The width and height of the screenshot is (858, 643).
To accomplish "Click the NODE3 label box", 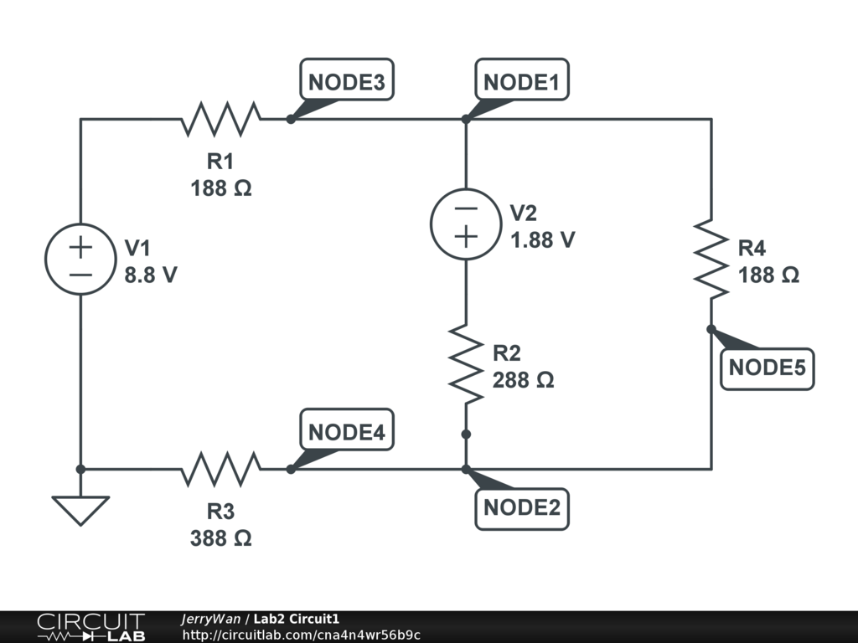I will click(x=346, y=83).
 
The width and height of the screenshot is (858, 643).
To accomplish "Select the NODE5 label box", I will click(x=767, y=368).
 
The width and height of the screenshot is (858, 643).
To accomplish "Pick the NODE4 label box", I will click(x=346, y=433).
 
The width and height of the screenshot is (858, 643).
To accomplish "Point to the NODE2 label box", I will click(x=521, y=508).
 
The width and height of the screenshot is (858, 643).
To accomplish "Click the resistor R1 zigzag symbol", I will click(x=221, y=119).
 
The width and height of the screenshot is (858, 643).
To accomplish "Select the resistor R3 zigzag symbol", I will click(x=221, y=469).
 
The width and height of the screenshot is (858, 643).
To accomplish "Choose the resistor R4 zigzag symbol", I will click(x=711, y=259).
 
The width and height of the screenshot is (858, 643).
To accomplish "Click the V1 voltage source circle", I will click(x=80, y=259).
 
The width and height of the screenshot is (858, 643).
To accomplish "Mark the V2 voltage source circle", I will click(x=466, y=224).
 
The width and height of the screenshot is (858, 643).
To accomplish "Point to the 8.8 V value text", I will click(x=151, y=274).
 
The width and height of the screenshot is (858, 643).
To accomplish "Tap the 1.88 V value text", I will click(x=543, y=239).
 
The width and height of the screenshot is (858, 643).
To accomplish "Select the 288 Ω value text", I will click(x=524, y=380).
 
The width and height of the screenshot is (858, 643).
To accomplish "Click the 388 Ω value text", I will click(x=221, y=538).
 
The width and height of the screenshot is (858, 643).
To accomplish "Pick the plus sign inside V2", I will click(x=466, y=237).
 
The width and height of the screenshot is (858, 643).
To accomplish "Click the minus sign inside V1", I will click(x=80, y=275).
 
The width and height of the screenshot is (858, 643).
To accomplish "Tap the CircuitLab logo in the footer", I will click(x=90, y=627).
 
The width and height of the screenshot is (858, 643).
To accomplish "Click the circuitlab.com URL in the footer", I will click(x=301, y=635).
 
